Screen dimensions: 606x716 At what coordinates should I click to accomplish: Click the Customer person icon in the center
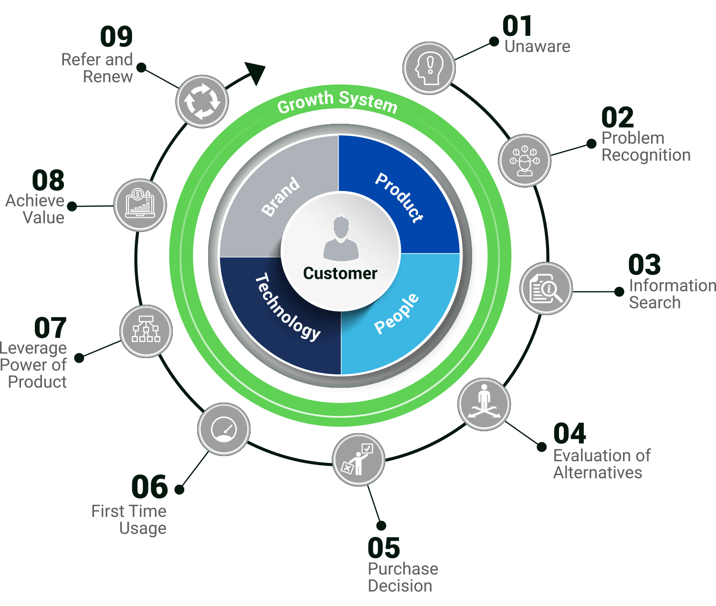[x=340, y=238]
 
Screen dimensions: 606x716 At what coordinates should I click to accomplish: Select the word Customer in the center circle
[x=340, y=273]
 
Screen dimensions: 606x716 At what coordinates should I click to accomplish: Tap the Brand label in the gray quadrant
[x=281, y=196]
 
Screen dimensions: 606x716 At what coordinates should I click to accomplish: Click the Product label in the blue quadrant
[x=399, y=197]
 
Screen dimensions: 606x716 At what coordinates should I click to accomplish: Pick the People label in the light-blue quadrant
[x=397, y=314]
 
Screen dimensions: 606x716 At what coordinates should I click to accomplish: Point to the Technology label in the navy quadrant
[x=288, y=307]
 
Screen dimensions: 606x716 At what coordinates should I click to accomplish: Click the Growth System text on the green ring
[x=337, y=101]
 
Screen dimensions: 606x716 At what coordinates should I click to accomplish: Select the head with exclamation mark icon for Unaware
[x=429, y=68]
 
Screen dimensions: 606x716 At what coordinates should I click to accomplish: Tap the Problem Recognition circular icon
[x=525, y=160]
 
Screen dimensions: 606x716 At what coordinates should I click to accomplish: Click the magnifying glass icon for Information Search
[x=546, y=288]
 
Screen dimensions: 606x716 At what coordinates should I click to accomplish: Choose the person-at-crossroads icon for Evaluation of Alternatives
[x=484, y=404]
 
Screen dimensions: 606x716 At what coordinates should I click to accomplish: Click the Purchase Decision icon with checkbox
[x=358, y=460]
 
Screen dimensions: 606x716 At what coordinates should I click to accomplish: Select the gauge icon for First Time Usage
[x=224, y=429]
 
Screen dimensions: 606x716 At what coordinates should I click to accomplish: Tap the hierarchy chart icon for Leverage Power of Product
[x=146, y=331]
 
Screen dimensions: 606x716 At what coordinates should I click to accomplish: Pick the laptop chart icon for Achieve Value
[x=140, y=205]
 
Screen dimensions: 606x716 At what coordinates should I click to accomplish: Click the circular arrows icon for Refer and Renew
[x=202, y=101]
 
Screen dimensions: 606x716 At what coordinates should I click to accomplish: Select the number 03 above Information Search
[x=644, y=265]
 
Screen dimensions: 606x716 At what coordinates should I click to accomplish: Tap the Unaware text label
[x=537, y=46]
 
